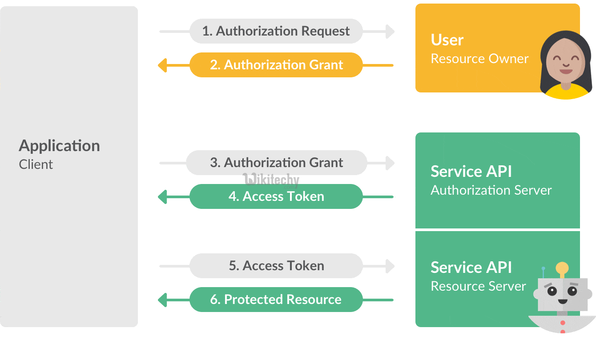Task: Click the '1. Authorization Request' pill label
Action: (x=276, y=31)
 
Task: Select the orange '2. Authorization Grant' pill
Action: (x=276, y=65)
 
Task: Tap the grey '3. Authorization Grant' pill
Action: (x=276, y=163)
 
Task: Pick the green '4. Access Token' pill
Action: (x=276, y=196)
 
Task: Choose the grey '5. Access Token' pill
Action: (x=276, y=266)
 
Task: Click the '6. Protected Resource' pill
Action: (x=276, y=300)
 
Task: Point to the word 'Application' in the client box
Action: (x=59, y=146)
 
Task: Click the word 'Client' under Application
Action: (x=36, y=164)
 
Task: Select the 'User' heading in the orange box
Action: (x=447, y=40)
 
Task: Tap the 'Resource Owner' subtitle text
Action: (x=479, y=59)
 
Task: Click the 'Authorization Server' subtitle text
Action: (x=491, y=190)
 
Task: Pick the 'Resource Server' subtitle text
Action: (x=478, y=286)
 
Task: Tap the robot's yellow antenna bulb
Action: (x=562, y=268)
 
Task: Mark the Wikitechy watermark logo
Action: (x=271, y=180)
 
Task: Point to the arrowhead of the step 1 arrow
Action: (x=390, y=32)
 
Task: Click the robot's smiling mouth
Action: (x=562, y=301)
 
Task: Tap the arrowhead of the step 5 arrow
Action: (x=390, y=266)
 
